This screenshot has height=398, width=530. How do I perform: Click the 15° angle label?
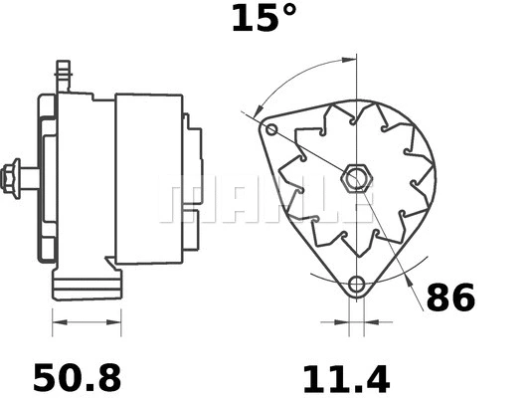(264, 18)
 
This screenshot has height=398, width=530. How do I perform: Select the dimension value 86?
(450, 298)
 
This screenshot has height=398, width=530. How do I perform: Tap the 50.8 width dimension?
(77, 377)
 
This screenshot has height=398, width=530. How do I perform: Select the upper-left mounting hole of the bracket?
(273, 129)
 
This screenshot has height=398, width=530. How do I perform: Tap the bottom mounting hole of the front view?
(356, 286)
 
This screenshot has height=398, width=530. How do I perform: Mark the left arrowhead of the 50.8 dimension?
(56, 322)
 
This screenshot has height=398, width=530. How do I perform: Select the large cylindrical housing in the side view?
(149, 179)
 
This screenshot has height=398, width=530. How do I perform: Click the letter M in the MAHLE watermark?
(180, 202)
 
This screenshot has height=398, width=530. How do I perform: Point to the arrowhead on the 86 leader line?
(411, 281)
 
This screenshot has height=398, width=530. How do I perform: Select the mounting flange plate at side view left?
(46, 179)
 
